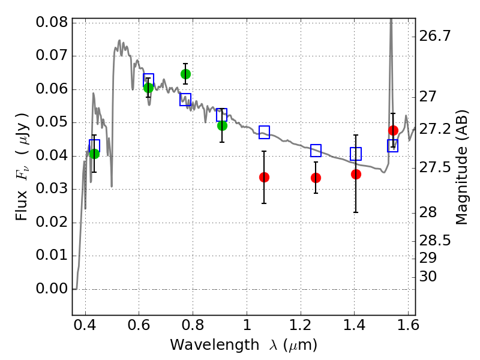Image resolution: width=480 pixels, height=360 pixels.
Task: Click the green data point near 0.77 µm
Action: (x=185, y=74)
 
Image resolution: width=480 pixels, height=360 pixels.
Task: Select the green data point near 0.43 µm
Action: (x=95, y=154)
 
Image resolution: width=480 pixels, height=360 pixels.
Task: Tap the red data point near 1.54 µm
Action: (x=393, y=130)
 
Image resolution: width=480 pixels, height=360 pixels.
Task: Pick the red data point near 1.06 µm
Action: (x=264, y=177)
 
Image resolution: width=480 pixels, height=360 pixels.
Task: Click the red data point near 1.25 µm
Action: (x=316, y=178)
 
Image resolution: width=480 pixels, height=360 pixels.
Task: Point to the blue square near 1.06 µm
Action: (x=264, y=132)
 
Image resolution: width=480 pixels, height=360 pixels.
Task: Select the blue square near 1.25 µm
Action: (x=316, y=151)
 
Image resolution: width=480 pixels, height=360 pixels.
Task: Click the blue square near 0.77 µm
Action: (x=185, y=100)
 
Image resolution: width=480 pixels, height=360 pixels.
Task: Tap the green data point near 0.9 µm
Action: (x=222, y=125)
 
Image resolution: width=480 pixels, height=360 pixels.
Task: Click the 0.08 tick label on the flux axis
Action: (x=52, y=22)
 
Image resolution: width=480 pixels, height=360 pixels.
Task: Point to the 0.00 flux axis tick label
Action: (x=52, y=289)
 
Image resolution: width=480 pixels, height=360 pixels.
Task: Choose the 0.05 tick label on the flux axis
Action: (x=52, y=122)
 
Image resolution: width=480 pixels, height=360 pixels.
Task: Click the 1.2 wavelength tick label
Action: (x=301, y=325)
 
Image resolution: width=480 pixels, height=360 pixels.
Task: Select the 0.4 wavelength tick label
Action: (x=85, y=325)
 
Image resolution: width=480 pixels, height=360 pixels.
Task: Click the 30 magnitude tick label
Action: (x=428, y=277)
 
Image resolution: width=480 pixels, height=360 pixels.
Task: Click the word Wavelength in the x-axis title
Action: (x=215, y=345)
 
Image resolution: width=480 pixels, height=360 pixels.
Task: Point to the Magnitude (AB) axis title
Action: (x=462, y=167)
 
